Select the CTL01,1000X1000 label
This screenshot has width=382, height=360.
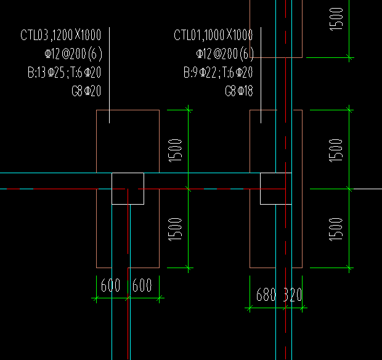point(213,35)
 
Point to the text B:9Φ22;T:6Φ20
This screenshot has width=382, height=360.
point(217,73)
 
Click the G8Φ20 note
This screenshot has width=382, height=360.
point(86,92)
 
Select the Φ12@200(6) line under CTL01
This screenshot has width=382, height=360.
point(225,54)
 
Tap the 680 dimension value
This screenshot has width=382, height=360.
point(266,295)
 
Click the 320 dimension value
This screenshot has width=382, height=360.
point(293,295)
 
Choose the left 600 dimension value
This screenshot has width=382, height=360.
point(110,286)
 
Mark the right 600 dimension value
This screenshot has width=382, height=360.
point(142,286)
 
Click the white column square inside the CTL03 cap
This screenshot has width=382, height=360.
point(128,188)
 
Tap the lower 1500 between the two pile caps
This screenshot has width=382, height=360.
point(176,228)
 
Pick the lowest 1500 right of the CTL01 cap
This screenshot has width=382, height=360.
point(336,228)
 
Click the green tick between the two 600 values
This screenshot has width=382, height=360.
point(128,298)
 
